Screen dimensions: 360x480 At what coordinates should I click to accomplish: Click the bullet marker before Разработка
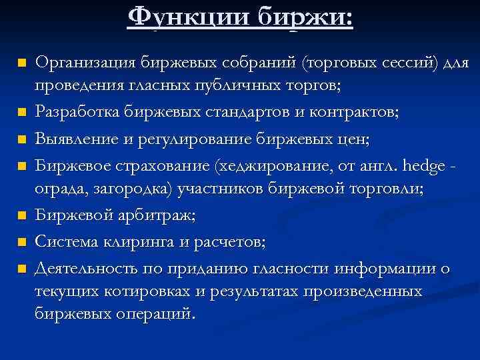coord(21,112)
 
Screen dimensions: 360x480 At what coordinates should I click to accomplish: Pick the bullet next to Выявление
coord(21,139)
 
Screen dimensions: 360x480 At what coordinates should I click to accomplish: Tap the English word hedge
coord(431,163)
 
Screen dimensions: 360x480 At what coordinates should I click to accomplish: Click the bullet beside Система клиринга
coord(21,242)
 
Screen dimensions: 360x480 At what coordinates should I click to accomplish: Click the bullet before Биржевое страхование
coord(21,164)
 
